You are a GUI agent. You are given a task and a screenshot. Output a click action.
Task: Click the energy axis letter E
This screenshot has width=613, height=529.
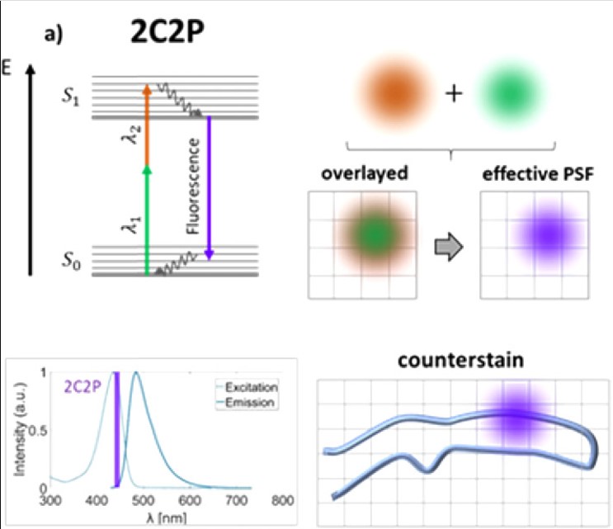7,65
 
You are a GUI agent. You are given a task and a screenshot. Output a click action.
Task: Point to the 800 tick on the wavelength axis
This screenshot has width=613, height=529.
283,500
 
